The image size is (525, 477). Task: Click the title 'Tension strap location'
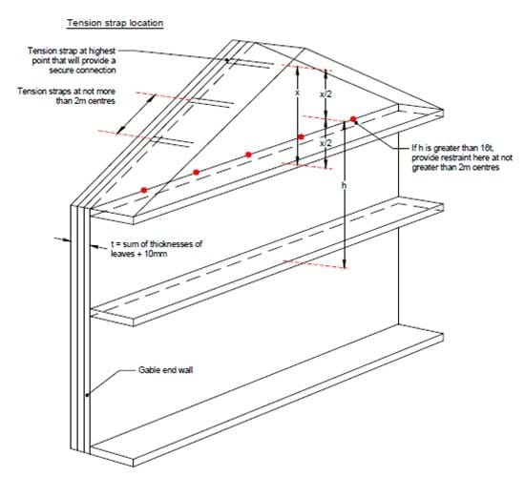tap(115, 23)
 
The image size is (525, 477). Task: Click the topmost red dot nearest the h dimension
tap(353, 119)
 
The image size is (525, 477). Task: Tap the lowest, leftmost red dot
tap(144, 190)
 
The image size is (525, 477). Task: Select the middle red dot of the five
tap(248, 155)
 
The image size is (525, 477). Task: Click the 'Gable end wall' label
tap(166, 370)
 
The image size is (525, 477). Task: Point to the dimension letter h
tap(344, 185)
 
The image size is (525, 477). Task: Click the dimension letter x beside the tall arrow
tap(297, 93)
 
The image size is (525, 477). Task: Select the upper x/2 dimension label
tap(325, 94)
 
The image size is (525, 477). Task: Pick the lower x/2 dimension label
tap(325, 143)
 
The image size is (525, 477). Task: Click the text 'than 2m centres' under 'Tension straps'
tap(85, 101)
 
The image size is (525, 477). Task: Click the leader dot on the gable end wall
tap(87, 395)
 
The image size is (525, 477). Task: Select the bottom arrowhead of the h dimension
tap(345, 264)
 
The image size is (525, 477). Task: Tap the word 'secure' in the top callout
tap(62, 71)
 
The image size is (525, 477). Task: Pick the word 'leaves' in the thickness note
tap(122, 254)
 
